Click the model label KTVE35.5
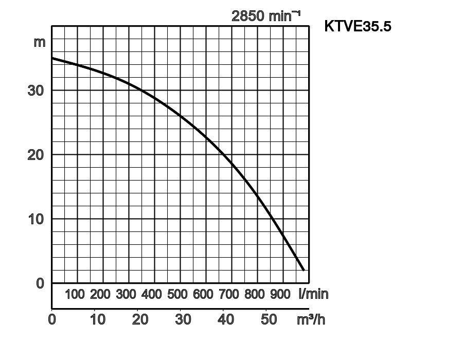[x=358, y=26]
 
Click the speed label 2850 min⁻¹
[x=265, y=16]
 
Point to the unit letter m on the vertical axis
[x=40, y=42]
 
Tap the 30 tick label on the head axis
[x=35, y=90]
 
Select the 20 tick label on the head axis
[x=35, y=154]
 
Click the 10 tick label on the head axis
[x=35, y=219]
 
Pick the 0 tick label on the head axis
[x=40, y=283]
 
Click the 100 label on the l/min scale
[x=75, y=295]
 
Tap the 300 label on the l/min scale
[x=126, y=295]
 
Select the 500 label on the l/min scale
[x=177, y=295]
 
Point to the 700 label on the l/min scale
[x=229, y=295]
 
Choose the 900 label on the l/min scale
[x=280, y=295]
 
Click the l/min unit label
[x=313, y=294]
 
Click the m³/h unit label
[x=311, y=319]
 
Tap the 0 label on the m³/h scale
[x=52, y=319]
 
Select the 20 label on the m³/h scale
[x=140, y=319]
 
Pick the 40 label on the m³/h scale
[x=226, y=319]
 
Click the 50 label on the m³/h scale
[x=269, y=319]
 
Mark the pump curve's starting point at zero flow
[x=52, y=58]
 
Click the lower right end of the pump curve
[x=304, y=269]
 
